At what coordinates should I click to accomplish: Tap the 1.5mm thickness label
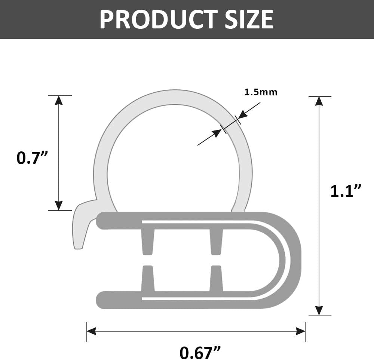click(x=261, y=92)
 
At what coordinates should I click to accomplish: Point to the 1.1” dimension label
click(x=346, y=191)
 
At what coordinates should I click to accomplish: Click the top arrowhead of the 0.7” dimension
click(x=59, y=101)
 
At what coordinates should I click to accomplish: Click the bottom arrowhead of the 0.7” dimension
click(x=59, y=205)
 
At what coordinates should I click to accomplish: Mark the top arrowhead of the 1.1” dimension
click(x=319, y=101)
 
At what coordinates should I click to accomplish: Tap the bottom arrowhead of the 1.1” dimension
click(x=319, y=310)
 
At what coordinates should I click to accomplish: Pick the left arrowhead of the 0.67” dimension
click(x=92, y=331)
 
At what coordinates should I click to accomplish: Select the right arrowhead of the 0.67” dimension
click(x=300, y=331)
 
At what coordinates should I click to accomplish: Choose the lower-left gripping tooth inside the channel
click(x=148, y=279)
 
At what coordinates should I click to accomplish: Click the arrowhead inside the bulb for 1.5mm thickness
click(x=217, y=133)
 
